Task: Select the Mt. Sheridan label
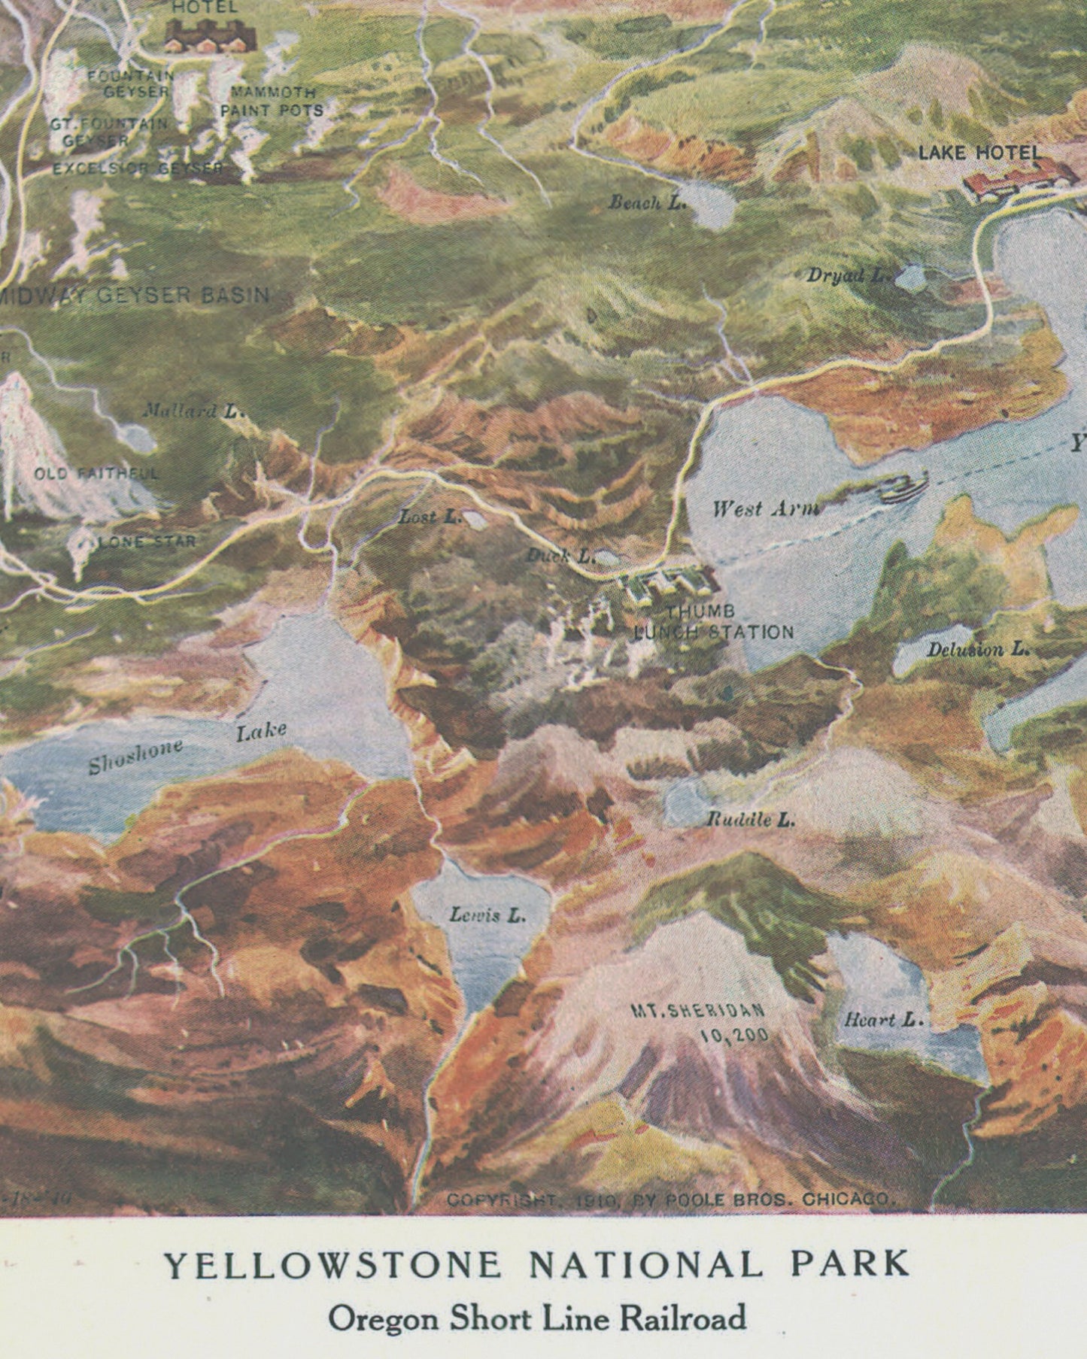[x=697, y=1012]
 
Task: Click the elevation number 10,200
[x=734, y=1036]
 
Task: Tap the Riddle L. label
[x=750, y=820]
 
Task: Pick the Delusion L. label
[x=977, y=649]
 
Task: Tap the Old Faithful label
[x=96, y=474]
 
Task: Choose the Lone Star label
[x=147, y=541]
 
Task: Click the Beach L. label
[x=647, y=202]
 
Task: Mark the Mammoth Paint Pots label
[x=272, y=102]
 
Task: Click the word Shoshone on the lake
[x=135, y=756]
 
